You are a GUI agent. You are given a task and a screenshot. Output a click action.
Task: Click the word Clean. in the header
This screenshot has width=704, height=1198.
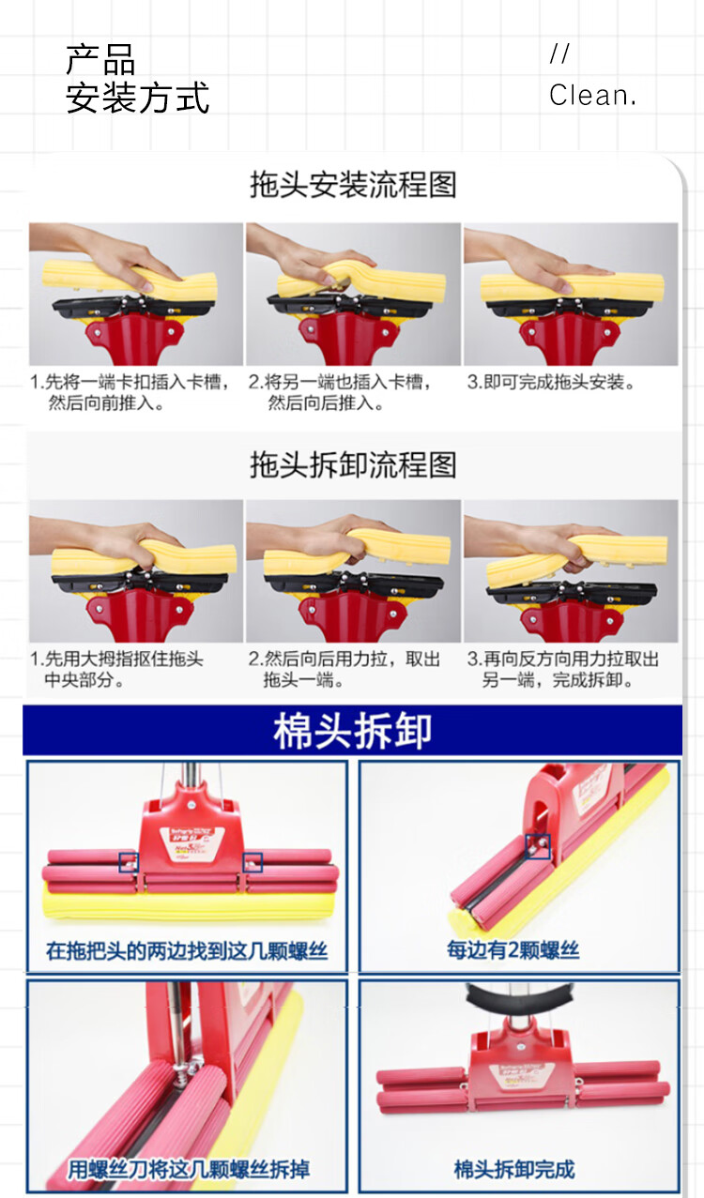coord(592,95)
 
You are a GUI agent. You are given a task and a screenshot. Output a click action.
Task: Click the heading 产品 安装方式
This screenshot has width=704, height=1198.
coord(137,79)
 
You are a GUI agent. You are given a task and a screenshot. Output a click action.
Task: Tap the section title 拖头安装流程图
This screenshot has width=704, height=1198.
coord(353,185)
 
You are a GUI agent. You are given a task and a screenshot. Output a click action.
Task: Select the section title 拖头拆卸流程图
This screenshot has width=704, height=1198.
coord(353,464)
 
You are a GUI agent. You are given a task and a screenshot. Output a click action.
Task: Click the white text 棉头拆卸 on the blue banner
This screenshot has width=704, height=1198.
coord(353,731)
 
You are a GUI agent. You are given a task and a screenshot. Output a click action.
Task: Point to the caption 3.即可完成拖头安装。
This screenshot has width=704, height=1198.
coord(551,382)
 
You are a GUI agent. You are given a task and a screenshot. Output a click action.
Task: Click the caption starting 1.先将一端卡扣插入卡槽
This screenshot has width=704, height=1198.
coord(130,392)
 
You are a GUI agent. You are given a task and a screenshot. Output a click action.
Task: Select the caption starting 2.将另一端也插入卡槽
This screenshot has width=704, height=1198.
coord(340,392)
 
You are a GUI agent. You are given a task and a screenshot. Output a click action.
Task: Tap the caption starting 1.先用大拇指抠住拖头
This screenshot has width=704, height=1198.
coord(116,669)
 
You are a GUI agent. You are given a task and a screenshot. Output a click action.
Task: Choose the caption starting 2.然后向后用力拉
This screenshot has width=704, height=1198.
coord(344,669)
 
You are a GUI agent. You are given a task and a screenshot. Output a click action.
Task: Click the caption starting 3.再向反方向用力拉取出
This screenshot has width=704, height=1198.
coord(563,669)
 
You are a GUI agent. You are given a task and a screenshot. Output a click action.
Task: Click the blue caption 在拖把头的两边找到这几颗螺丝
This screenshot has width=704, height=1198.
coord(187,951)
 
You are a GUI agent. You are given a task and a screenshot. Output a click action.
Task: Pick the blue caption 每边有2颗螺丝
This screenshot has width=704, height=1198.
coord(513,949)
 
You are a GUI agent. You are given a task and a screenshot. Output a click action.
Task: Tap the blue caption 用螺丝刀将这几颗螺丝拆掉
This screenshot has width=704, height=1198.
coord(189,1169)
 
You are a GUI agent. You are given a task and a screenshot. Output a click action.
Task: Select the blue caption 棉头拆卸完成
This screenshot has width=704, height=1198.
coord(514,1169)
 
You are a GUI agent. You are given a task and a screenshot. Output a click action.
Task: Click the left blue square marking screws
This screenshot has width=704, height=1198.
coord(129,862)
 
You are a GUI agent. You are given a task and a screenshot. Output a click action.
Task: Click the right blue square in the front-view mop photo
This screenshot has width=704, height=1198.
coord(253,862)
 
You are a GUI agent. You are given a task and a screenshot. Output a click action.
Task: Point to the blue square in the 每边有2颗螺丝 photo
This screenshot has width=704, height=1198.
coord(538,846)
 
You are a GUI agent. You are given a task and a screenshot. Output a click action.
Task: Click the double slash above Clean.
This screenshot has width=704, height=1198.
coord(559,53)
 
